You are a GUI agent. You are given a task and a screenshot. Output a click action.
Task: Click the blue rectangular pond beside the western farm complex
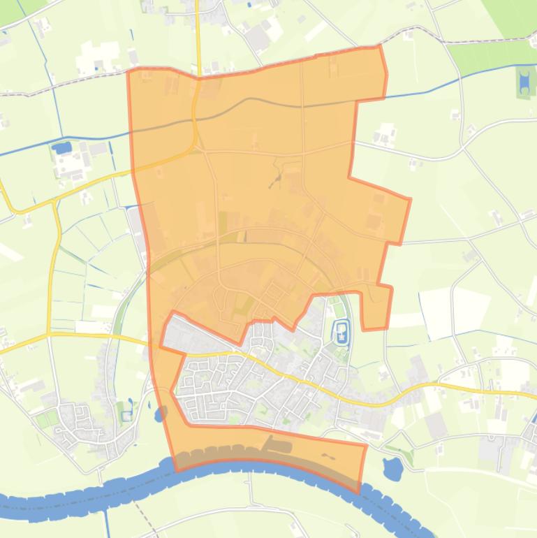tap(62, 147)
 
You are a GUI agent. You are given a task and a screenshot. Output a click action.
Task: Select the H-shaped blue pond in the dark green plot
tap(524, 82)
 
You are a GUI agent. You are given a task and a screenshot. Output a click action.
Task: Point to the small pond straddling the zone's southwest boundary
tap(161, 414)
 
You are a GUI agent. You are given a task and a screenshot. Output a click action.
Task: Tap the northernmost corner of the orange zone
tap(379, 46)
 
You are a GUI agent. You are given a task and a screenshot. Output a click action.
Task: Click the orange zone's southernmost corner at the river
tap(359, 493)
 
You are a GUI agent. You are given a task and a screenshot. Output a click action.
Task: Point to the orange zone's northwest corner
tap(128, 71)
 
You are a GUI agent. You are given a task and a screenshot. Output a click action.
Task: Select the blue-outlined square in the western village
tap(126, 416)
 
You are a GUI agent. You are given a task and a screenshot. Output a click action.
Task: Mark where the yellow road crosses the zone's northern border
tap(198, 78)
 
